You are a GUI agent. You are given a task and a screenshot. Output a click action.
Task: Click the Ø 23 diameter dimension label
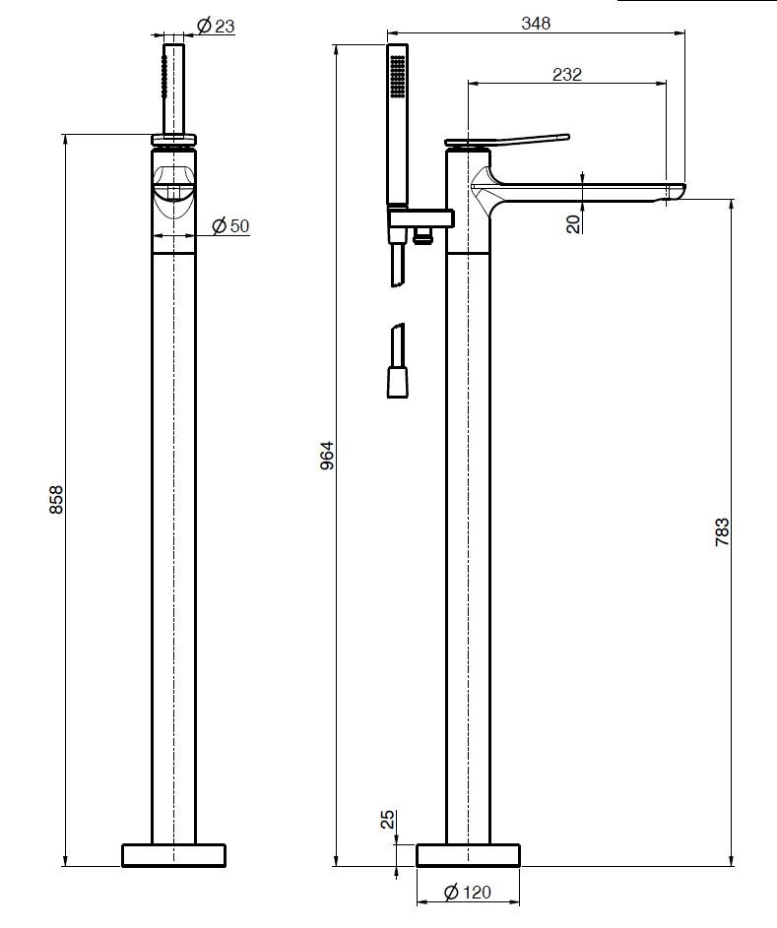(x=216, y=27)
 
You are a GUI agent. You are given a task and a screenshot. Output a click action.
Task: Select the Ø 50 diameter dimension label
(x=231, y=226)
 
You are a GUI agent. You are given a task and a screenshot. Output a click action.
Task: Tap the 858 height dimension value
(x=57, y=500)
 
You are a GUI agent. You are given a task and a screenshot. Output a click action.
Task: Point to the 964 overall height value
(x=328, y=455)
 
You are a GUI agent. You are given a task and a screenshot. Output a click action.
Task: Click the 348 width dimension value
(x=537, y=23)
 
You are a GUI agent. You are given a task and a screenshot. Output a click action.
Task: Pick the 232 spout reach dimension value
(x=567, y=74)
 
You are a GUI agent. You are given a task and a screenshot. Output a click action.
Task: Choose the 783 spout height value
(x=722, y=531)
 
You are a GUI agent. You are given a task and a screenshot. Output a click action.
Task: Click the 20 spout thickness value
(x=573, y=223)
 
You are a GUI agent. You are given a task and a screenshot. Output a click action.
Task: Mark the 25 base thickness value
(x=388, y=819)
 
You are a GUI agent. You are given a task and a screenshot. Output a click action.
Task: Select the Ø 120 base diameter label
(x=467, y=894)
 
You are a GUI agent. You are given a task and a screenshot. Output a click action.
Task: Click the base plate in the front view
(x=174, y=854)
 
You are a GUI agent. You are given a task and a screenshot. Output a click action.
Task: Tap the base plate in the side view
(x=468, y=854)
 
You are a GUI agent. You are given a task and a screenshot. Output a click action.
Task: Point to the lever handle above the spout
(x=507, y=140)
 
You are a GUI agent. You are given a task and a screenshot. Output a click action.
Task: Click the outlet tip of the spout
(x=673, y=193)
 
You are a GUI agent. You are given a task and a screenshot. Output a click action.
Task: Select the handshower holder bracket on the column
(x=420, y=217)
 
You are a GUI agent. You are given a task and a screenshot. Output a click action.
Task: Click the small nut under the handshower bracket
(x=424, y=235)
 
